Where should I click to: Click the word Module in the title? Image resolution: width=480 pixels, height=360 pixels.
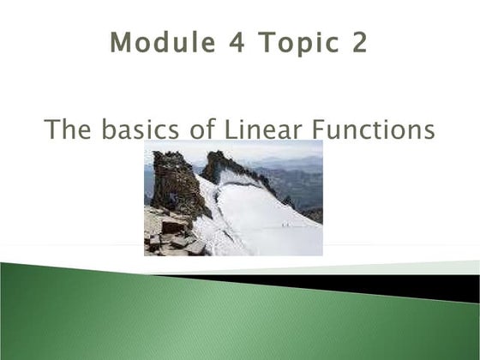[x=156, y=42]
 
